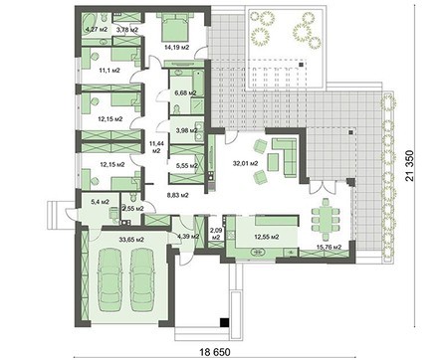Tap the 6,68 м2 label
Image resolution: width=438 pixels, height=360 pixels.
click(184, 94)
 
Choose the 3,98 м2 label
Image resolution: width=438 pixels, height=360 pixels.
click(186, 129)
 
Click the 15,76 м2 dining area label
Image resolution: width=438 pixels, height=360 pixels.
click(328, 246)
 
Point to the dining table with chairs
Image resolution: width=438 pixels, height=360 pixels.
click(326, 213)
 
